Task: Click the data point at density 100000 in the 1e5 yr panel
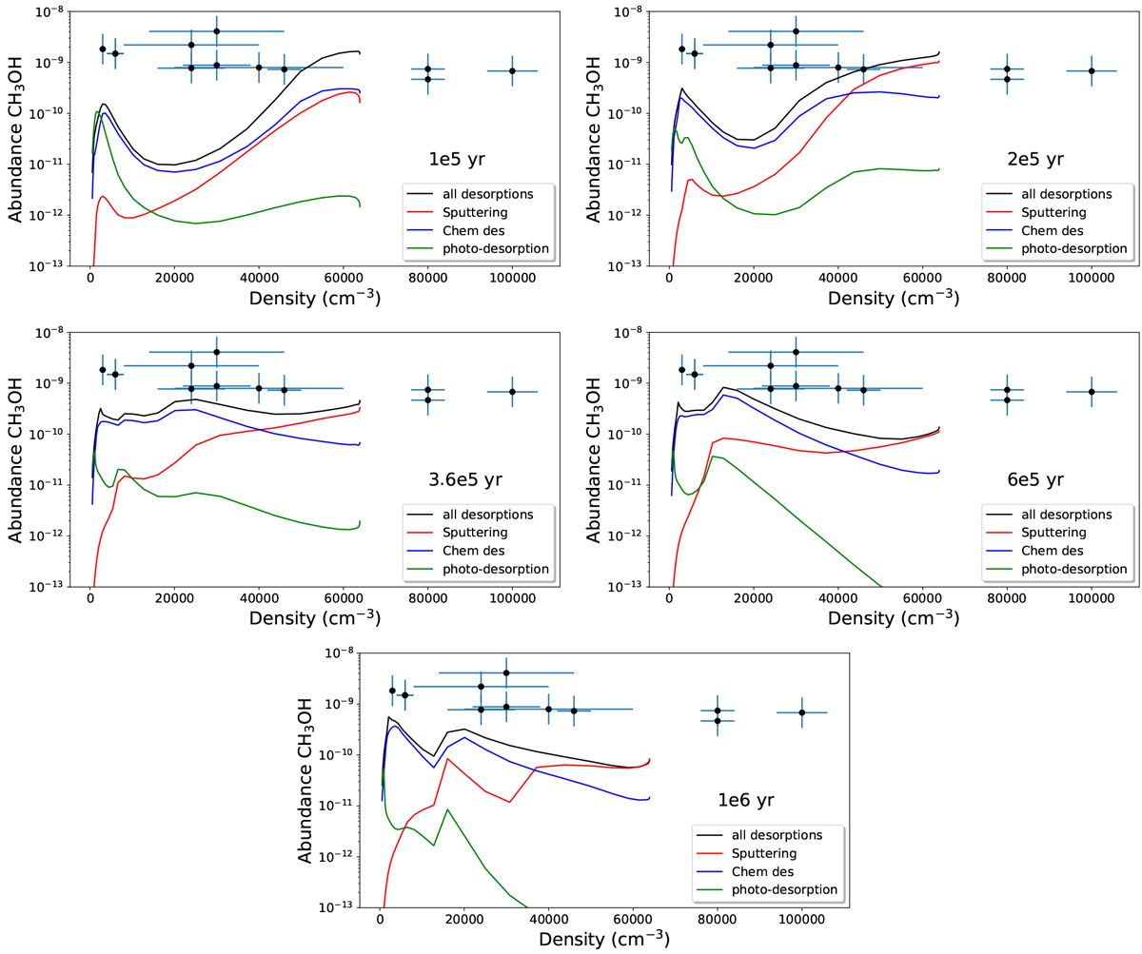[512, 71]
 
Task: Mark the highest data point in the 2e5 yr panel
[796, 31]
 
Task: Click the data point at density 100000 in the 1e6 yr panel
[801, 712]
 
